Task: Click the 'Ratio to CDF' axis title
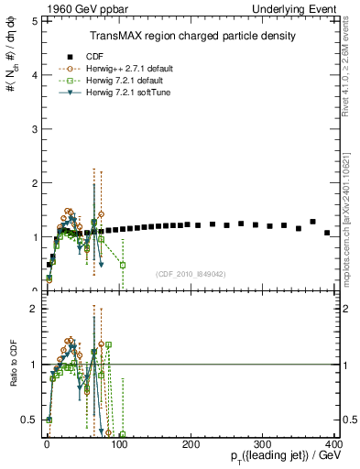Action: [14, 365]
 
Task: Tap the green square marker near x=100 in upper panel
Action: [123, 265]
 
